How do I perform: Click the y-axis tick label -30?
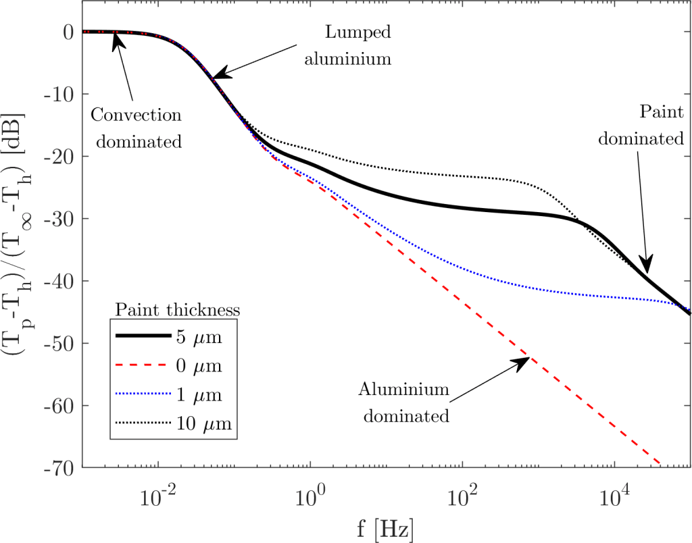click(60, 219)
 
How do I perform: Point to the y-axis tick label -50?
click(60, 344)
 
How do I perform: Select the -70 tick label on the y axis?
click(60, 467)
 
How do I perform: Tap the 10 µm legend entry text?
click(203, 424)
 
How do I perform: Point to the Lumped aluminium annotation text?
click(348, 45)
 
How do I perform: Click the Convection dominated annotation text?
click(136, 128)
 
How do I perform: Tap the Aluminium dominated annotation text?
click(404, 403)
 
